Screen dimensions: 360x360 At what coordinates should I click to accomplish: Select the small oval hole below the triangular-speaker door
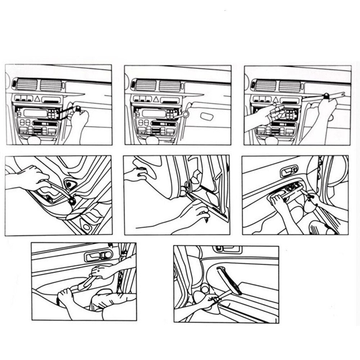pyautogui.click(x=87, y=227)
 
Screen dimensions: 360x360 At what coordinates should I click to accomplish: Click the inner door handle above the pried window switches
pyautogui.click(x=289, y=171)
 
